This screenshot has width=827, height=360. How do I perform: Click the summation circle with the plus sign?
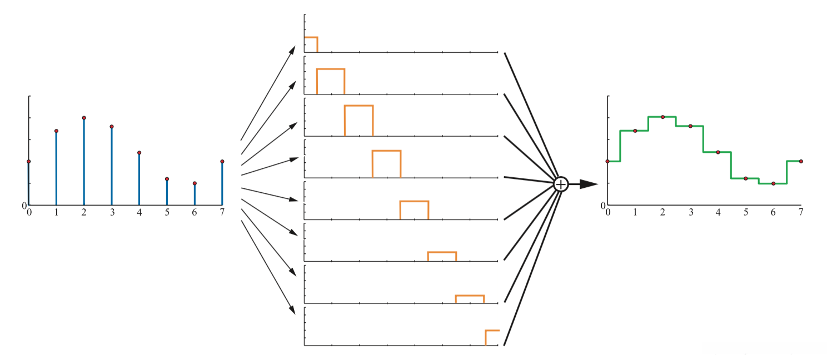point(561,184)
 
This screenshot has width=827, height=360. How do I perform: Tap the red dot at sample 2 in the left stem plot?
point(84,118)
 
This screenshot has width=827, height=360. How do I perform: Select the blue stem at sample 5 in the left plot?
point(167,192)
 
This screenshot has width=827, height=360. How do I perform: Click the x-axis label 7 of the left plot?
point(222,212)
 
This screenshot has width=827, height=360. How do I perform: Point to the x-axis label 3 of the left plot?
point(112,212)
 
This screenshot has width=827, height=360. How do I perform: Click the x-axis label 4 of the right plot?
point(718,212)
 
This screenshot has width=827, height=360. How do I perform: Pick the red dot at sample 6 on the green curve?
point(773,183)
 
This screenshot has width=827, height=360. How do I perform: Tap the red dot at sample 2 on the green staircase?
point(662,117)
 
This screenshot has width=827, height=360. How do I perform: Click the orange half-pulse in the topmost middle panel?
point(311,38)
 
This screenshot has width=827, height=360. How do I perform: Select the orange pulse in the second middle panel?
point(331,69)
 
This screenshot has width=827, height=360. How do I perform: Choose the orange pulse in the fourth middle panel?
point(386,151)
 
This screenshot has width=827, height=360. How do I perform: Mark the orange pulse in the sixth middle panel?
point(442,253)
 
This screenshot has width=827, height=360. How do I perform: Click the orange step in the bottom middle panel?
point(492,331)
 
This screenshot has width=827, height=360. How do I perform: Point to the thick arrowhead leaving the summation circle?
point(589,184)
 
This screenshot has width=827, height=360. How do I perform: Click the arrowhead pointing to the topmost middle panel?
point(292,51)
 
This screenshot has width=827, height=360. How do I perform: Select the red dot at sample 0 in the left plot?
point(28,161)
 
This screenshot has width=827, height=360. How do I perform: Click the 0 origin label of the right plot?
point(604,206)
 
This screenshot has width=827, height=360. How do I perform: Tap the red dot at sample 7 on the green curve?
point(801,161)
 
